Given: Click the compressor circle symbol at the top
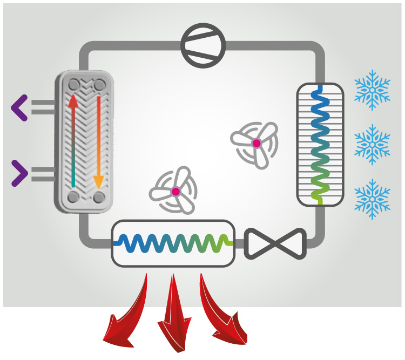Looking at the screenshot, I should pyautogui.click(x=202, y=45).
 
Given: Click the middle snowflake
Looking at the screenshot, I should pyautogui.click(x=372, y=144).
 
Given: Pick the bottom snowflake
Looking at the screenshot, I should pyautogui.click(x=372, y=199).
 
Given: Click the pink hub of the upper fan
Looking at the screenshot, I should pyautogui.click(x=256, y=143).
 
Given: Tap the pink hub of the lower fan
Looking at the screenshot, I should pyautogui.click(x=175, y=192).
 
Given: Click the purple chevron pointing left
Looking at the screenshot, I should pyautogui.click(x=19, y=108).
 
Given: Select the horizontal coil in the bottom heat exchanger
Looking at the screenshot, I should pyautogui.click(x=173, y=242).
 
